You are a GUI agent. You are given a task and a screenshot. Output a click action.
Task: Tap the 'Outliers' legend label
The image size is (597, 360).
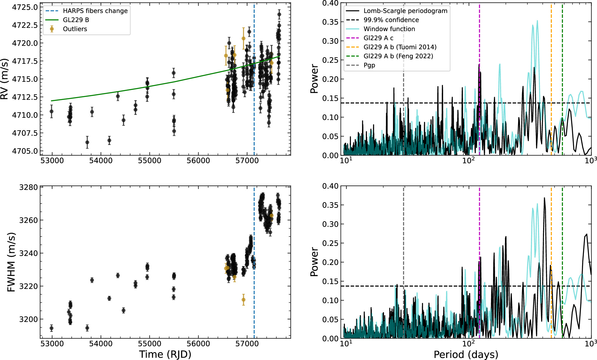[75, 29]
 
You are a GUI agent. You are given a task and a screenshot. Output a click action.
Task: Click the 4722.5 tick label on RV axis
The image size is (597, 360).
[25, 25]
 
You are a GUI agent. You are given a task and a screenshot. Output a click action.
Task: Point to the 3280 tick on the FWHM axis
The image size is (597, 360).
[29, 187]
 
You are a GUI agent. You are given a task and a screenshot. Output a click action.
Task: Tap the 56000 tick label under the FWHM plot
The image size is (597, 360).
[198, 344]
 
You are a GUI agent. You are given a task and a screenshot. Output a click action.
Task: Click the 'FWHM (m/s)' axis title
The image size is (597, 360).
[11, 262]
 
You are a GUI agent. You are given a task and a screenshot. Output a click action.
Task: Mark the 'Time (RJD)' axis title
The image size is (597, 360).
[165, 354]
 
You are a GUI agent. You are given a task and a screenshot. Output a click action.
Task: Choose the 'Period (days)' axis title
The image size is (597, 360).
[466, 354]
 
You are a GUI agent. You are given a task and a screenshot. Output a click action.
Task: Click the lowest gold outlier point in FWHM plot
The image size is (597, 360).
[243, 300]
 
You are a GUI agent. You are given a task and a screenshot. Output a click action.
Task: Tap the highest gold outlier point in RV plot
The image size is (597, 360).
[243, 38]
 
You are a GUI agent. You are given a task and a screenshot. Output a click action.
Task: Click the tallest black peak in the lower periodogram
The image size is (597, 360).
[544, 198]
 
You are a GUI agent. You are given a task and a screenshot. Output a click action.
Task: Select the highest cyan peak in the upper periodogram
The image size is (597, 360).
[537, 21]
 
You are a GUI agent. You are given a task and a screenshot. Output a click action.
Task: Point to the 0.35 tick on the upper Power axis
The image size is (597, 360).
[331, 22]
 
